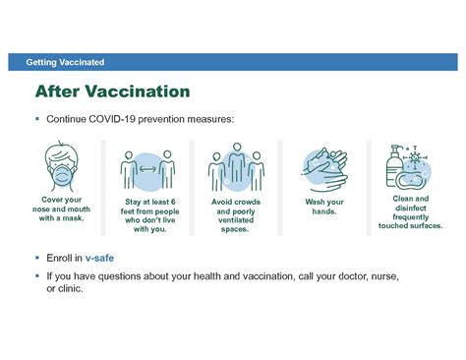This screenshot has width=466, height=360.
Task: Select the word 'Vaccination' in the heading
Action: click(141, 92)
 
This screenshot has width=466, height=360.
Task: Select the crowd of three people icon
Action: click(234, 166)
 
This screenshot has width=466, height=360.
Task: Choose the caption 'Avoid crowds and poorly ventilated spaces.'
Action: click(234, 214)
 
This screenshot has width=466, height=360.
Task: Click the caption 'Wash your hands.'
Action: click(320, 206)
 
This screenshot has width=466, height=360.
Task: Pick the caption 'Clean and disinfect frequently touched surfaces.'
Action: click(410, 211)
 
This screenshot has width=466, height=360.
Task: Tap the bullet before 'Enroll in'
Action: click(36, 257)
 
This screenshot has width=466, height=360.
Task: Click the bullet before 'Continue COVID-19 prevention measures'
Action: click(36, 119)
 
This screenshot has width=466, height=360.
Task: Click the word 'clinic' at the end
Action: click(72, 289)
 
